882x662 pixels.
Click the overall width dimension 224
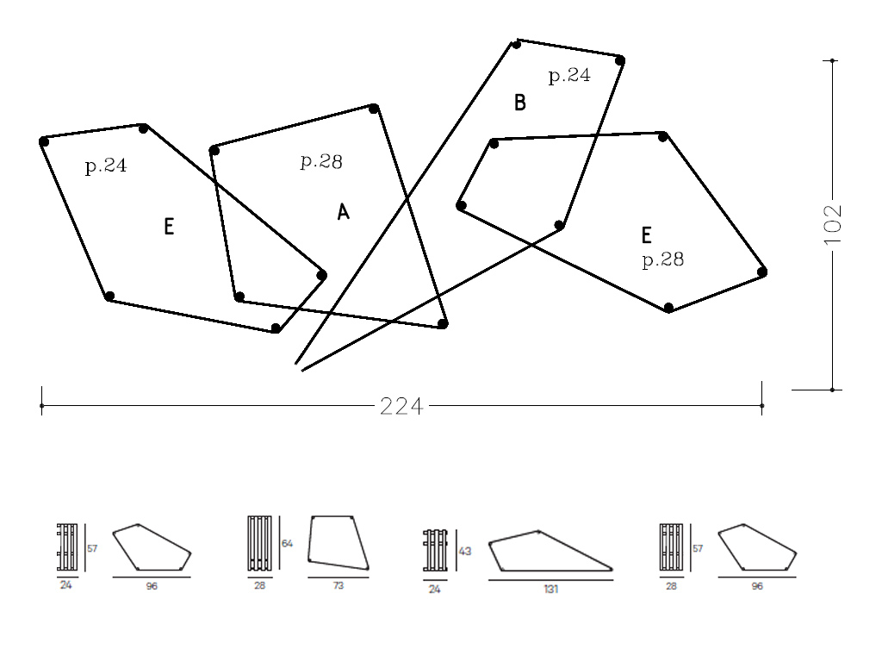click(x=401, y=406)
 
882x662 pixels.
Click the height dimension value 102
click(x=833, y=224)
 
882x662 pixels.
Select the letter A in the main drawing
click(x=343, y=212)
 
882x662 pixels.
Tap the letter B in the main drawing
click(x=519, y=103)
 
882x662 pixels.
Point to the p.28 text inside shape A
click(x=321, y=161)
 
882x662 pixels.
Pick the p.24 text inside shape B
click(x=569, y=76)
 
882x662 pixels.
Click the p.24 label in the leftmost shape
click(x=106, y=166)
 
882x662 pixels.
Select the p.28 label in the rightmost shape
click(x=663, y=259)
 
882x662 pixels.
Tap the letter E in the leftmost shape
click(x=169, y=228)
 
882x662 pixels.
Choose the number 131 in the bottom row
click(x=550, y=589)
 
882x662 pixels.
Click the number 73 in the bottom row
click(x=339, y=586)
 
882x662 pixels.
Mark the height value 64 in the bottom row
click(x=289, y=543)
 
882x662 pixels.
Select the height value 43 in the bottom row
click(x=465, y=551)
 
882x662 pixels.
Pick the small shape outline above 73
click(x=339, y=543)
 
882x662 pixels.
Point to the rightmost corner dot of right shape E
click(x=762, y=272)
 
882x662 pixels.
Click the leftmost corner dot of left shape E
click(x=44, y=142)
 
